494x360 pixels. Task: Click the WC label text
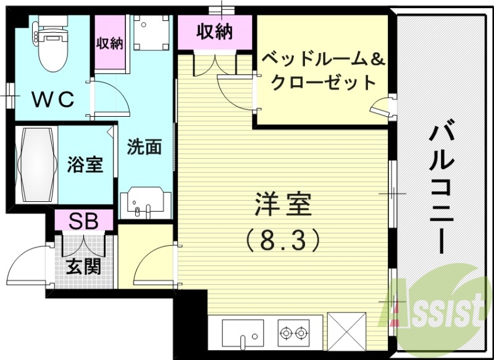53,98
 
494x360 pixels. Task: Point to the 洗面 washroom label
144,146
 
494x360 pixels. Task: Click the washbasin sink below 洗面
146,203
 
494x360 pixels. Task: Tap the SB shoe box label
83,220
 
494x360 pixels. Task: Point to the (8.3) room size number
283,238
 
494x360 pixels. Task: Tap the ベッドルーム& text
322,60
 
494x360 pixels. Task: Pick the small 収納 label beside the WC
109,43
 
